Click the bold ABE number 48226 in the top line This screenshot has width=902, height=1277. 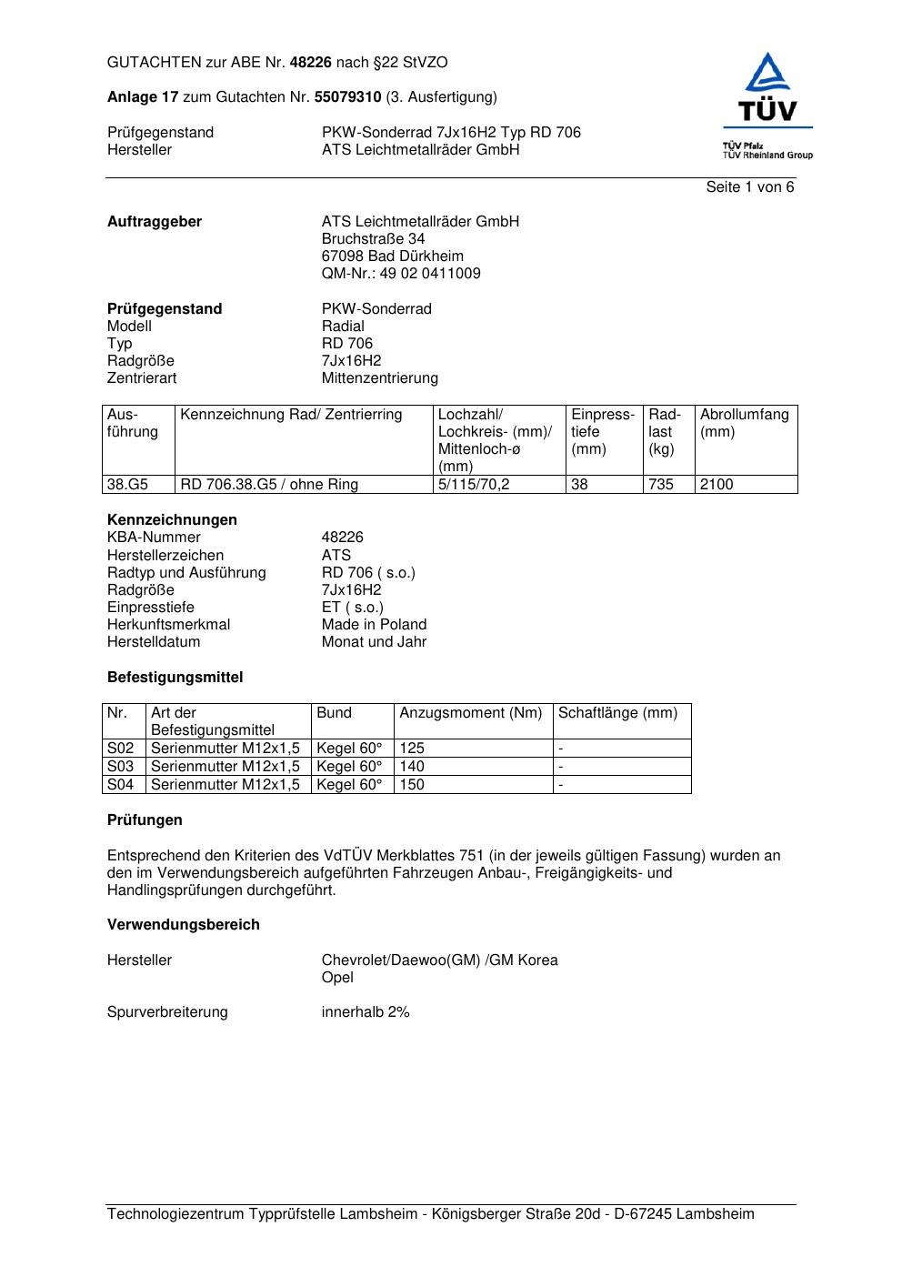[x=311, y=63]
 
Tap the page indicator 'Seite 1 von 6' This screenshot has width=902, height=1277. [x=749, y=187]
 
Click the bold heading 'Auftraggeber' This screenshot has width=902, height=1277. [x=155, y=222]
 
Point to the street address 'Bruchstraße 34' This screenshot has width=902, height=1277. [x=373, y=239]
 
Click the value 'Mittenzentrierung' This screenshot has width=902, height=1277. [x=379, y=378]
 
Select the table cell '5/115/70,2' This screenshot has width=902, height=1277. [x=474, y=485]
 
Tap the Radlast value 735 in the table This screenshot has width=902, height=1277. [x=661, y=485]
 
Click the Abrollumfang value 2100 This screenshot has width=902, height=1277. [x=717, y=485]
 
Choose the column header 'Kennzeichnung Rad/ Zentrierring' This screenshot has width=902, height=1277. [x=291, y=415]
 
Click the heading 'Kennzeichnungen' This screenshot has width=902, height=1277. [x=172, y=520]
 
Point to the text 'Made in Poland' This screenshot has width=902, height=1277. [x=374, y=625]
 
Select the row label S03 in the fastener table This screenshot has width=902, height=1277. [x=120, y=767]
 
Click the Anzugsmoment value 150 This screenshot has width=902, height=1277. [x=412, y=784]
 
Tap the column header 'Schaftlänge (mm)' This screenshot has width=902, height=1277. [x=617, y=713]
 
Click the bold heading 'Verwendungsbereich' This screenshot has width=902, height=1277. [x=183, y=925]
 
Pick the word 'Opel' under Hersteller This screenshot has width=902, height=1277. [x=337, y=978]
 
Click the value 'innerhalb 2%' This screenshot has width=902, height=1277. [x=366, y=1012]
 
